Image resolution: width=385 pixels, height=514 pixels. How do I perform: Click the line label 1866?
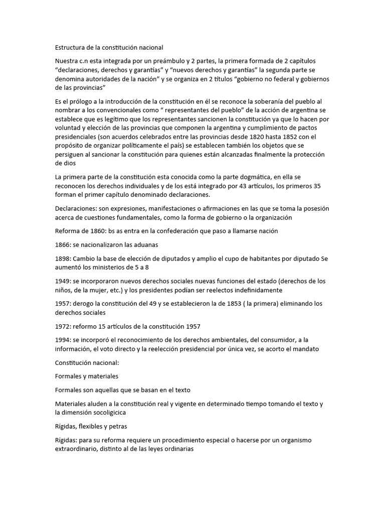pyautogui.click(x=64, y=244)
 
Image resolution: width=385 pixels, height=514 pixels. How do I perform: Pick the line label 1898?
pyautogui.click(x=64, y=259)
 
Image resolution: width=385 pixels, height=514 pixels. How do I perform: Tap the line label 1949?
pyautogui.click(x=64, y=281)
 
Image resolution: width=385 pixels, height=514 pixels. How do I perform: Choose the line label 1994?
pyautogui.click(x=64, y=340)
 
